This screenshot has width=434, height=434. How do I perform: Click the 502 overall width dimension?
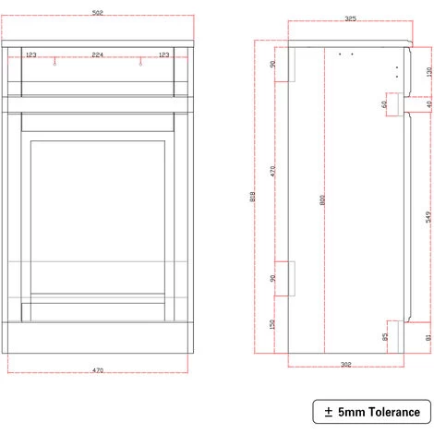(x=97, y=11)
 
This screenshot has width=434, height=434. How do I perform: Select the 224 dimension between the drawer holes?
(x=97, y=55)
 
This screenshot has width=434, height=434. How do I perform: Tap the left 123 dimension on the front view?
(x=31, y=55)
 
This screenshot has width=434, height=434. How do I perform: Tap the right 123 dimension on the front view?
(x=164, y=55)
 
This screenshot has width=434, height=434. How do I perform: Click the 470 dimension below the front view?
(x=97, y=370)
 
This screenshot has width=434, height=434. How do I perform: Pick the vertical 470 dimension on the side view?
(x=273, y=171)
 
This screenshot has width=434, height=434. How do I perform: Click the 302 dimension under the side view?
(x=345, y=365)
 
